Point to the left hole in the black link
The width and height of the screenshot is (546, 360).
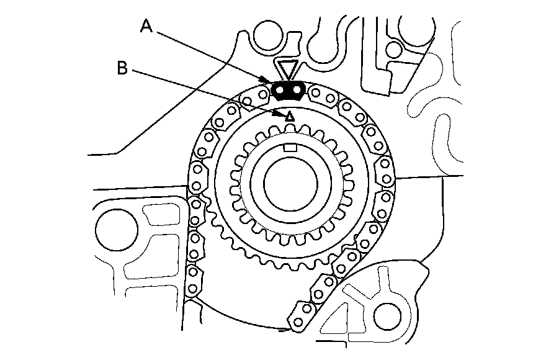point(280,91)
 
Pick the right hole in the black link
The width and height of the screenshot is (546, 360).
point(297,91)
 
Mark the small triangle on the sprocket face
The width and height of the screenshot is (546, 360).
point(289,116)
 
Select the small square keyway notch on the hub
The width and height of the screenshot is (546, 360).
point(289,147)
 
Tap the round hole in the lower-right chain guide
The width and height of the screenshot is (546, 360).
point(383,313)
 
